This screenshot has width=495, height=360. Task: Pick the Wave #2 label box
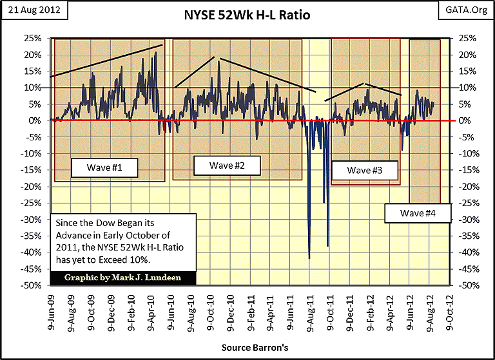click(226, 166)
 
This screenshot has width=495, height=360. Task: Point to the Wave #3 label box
click(364, 171)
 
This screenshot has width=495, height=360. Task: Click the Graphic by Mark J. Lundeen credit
click(122, 278)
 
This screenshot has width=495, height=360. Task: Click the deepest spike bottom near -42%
click(309, 258)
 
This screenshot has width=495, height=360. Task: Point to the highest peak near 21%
click(156, 53)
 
